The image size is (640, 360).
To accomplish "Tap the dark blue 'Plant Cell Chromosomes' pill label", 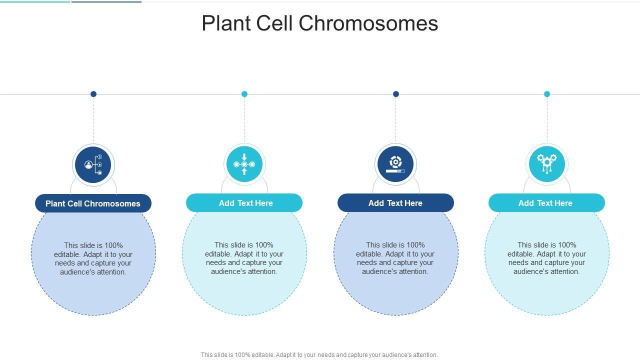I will coord(93,203).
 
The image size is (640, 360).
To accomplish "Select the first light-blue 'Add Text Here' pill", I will coord(244,203).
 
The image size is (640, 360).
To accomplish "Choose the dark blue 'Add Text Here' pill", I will coord(395,203).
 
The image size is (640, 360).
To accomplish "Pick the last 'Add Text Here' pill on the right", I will coord(546,203).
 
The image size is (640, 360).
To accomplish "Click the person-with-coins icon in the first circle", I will coord(93,164).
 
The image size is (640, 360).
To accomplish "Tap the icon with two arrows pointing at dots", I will coord(244,164).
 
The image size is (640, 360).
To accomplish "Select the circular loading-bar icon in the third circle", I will coord(395,164).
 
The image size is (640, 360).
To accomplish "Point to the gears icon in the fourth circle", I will coord(547,163).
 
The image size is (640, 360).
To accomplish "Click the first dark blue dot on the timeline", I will coord(93,94).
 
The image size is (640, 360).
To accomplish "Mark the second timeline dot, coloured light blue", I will coord(244,94).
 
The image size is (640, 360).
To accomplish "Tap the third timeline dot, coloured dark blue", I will coord(396,94).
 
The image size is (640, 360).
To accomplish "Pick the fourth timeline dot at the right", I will coord(547,94).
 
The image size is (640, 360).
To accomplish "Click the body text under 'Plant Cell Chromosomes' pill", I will coord(93,258).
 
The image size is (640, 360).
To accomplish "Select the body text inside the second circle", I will coord(244,258).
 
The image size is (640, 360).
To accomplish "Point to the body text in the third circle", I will coord(395,258).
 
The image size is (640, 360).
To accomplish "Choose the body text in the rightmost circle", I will coord(546,258).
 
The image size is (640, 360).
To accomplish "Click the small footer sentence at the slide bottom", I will coord(319,355).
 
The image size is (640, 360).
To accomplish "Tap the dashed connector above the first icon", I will coord(93,120).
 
